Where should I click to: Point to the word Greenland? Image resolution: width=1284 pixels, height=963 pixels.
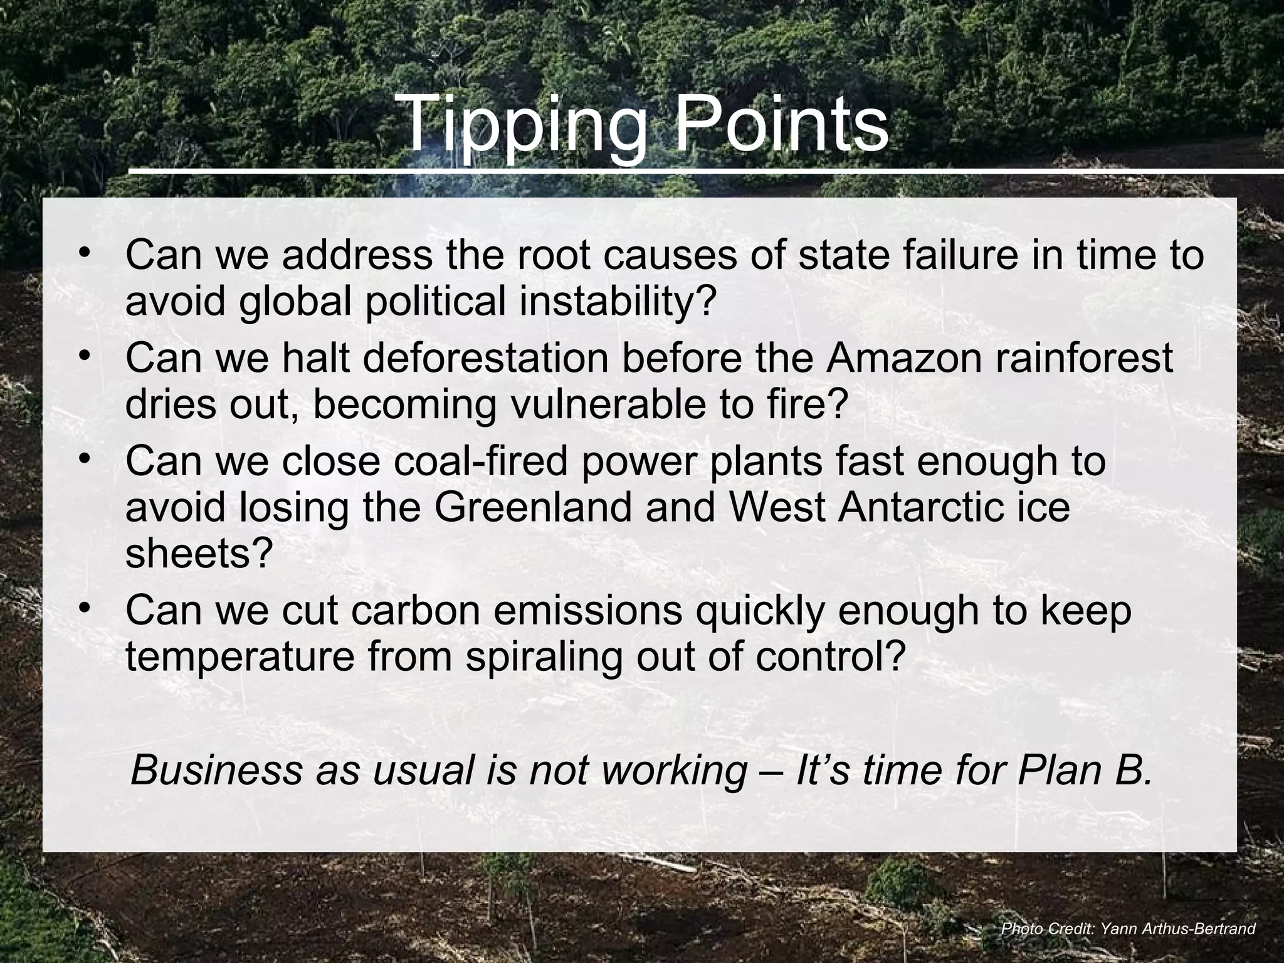click(x=533, y=507)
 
